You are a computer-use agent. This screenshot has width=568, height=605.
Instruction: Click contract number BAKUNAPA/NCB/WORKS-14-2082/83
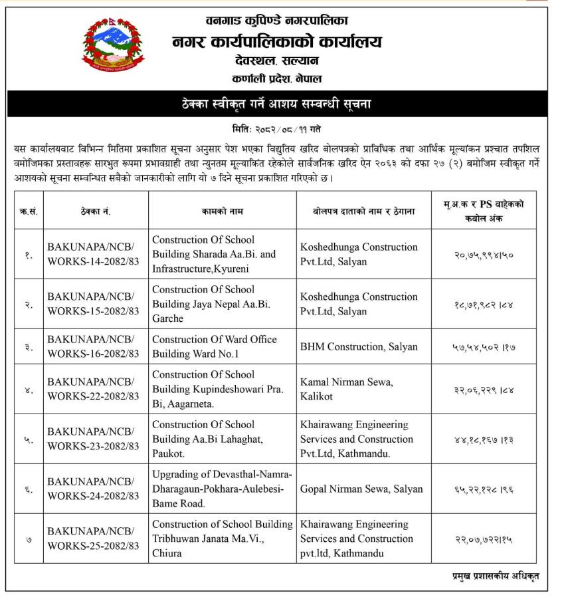pyautogui.click(x=93, y=254)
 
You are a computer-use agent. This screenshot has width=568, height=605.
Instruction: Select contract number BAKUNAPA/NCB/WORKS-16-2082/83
pyautogui.click(x=93, y=346)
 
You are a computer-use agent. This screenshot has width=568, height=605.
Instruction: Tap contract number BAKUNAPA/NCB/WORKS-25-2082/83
pyautogui.click(x=93, y=539)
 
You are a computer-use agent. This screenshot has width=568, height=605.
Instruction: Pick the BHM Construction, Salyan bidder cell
pyautogui.click(x=359, y=346)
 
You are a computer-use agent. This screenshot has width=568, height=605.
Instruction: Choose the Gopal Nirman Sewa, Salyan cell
pyautogui.click(x=361, y=489)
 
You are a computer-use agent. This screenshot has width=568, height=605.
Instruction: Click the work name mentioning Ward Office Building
pyautogui.click(x=214, y=346)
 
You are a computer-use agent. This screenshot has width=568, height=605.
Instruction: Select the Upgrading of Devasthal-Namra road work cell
pyautogui.click(x=222, y=489)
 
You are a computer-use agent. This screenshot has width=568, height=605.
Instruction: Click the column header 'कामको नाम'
pyautogui.click(x=223, y=211)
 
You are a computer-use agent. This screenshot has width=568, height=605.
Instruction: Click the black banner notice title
pyautogui.click(x=284, y=104)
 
